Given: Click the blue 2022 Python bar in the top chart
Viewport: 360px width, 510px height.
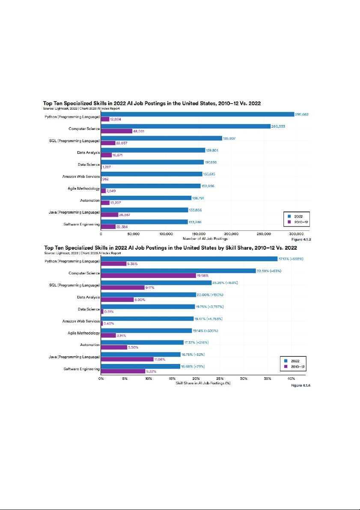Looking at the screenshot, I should click(197, 114).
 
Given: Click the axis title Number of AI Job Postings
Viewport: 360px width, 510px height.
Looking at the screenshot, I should click(205, 239).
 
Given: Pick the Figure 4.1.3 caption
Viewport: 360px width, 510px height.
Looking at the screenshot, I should click(302, 239).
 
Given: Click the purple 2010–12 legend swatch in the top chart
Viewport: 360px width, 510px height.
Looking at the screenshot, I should click(289, 222).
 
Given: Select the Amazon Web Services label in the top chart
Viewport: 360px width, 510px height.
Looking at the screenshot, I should click(84, 176).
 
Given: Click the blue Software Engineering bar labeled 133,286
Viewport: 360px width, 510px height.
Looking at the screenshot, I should click(144, 222).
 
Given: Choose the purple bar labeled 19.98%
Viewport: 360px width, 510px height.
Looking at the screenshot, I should click(148, 276).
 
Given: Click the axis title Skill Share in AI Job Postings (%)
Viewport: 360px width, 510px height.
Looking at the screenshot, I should click(203, 383).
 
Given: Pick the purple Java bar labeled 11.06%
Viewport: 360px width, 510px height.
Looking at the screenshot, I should click(127, 359).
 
